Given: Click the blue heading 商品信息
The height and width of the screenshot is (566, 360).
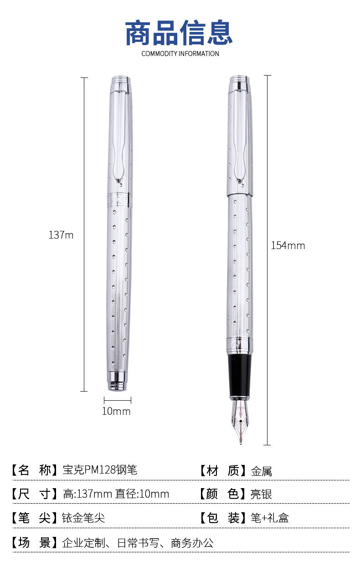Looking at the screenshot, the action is tap(179, 33).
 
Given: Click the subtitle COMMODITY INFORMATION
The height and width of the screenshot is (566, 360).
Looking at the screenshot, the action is tap(180, 54).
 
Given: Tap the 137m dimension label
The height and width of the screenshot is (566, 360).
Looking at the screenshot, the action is tap(61, 235).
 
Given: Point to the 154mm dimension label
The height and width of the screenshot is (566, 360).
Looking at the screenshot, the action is tap(288, 245).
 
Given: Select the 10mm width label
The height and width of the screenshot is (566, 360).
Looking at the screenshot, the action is tap(116, 411).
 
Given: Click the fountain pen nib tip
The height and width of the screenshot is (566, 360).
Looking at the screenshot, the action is tap(241, 444).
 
